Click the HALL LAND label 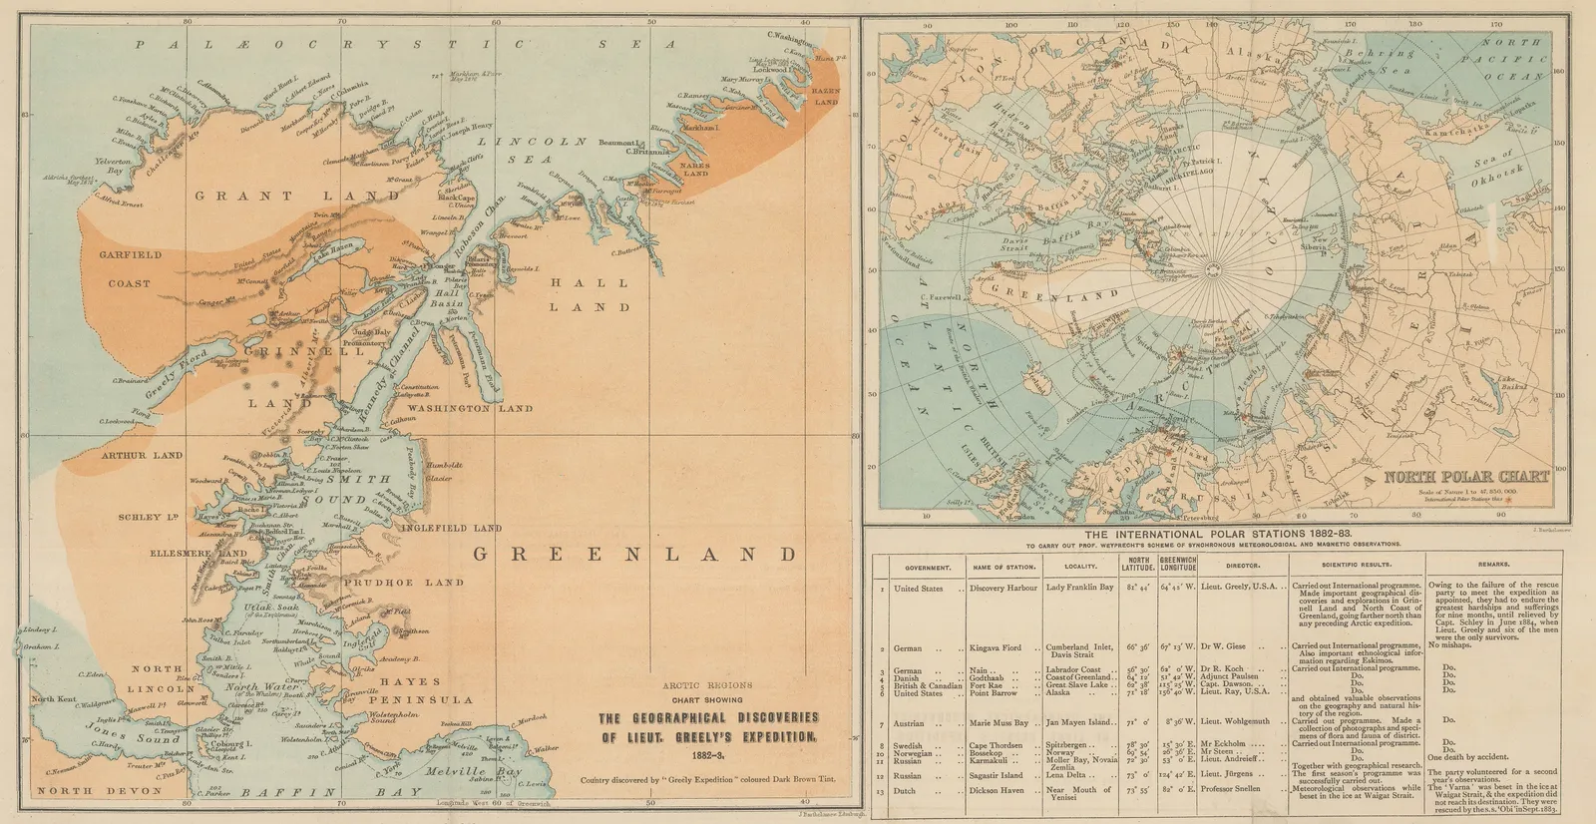tap(590, 294)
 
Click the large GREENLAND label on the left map tap(634, 554)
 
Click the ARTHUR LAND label tap(142, 455)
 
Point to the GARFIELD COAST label tap(130, 269)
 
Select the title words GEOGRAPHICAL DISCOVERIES tap(708, 717)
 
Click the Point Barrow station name tap(994, 691)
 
